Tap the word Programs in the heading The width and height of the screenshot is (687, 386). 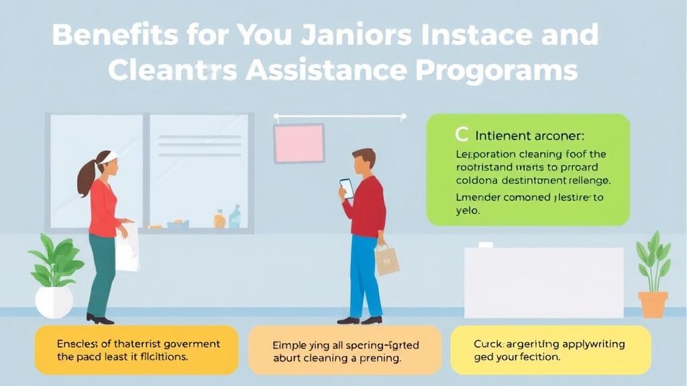505,70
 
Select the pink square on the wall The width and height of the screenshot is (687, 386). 299,143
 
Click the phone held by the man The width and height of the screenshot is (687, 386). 346,188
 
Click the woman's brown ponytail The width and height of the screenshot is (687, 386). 87,177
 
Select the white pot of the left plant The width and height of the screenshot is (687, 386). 54,302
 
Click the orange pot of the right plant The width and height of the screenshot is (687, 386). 653,304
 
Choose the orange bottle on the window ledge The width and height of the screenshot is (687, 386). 219,219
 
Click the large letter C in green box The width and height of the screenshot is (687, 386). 461,135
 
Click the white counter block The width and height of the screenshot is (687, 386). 543,282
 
